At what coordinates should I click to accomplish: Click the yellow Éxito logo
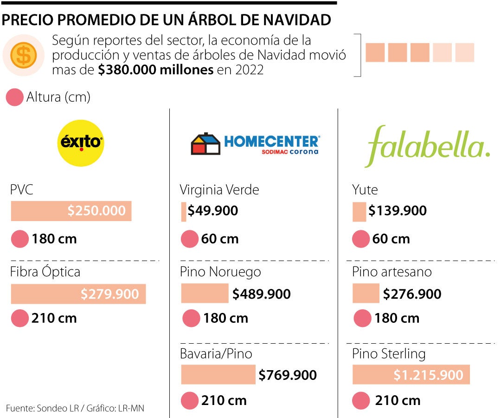81,143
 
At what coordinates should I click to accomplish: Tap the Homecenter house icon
206,144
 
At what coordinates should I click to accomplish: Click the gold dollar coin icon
24,55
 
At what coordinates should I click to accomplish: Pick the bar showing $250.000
71,211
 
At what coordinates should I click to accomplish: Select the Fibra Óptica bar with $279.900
78,294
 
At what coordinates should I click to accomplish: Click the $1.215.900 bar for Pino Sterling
411,375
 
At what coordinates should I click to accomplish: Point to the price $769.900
288,375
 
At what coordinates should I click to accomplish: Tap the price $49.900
213,211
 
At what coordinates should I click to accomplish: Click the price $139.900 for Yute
398,211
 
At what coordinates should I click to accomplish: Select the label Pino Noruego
220,271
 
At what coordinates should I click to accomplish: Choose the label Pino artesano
392,271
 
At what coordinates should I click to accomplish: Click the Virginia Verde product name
219,189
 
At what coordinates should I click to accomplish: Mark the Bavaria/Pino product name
216,353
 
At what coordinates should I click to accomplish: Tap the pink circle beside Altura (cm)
15,98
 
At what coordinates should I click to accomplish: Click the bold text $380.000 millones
156,70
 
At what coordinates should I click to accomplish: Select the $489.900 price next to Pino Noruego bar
262,294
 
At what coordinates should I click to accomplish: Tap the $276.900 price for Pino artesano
412,294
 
